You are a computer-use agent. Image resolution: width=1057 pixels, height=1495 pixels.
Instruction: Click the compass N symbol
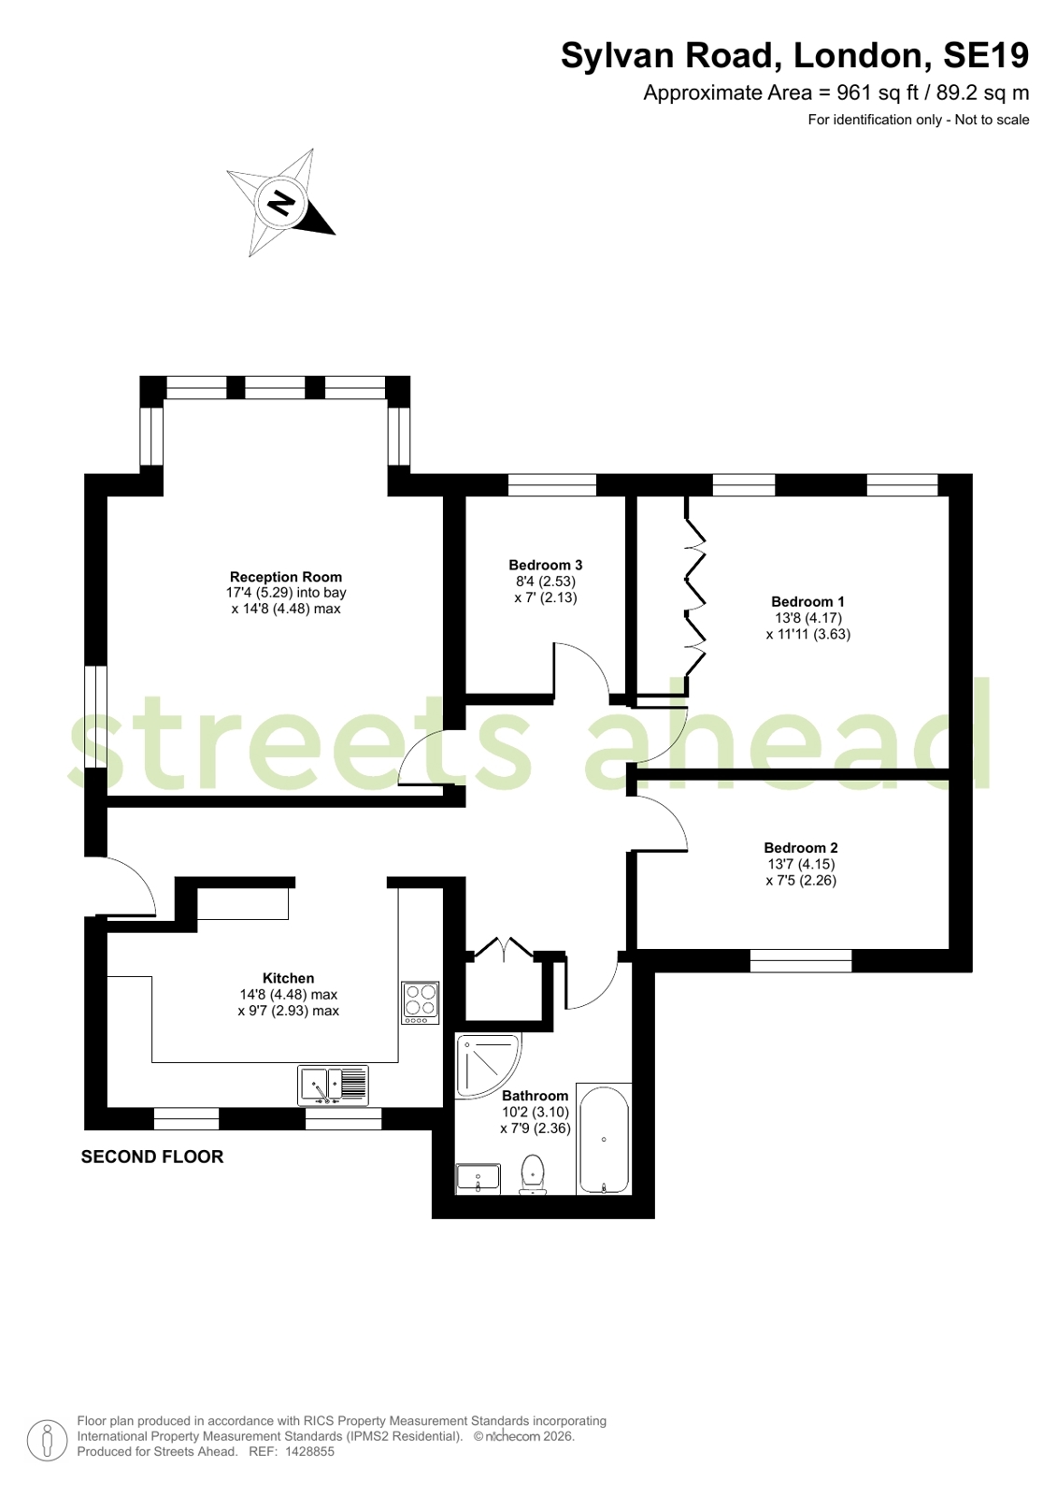pos(281,202)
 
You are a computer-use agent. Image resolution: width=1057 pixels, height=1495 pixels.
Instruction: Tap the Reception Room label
pos(286,577)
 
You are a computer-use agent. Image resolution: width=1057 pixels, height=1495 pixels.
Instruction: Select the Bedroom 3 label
pos(545,565)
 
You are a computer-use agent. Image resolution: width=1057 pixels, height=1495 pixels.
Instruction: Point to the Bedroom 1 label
pos(807,601)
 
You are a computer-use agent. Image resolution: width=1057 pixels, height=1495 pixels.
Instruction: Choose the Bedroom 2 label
pos(801,848)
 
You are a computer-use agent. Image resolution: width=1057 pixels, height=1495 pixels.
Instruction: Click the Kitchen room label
pos(288,978)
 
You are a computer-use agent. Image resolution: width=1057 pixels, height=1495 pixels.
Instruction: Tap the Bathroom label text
pos(536,1095)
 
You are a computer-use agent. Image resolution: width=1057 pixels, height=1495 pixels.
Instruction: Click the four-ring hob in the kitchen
pos(421,1002)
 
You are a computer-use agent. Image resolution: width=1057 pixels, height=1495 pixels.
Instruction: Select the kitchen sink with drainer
pos(333,1085)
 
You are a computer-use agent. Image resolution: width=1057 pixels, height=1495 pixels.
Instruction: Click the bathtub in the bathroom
pos(603,1139)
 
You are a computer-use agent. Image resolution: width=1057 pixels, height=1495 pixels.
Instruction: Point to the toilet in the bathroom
pos(533,1175)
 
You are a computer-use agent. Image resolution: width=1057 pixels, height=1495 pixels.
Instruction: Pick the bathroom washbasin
pos(478,1179)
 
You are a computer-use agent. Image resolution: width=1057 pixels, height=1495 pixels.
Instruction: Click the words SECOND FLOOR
pos(152,1157)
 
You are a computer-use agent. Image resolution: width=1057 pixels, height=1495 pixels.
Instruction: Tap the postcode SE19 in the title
pos(986,55)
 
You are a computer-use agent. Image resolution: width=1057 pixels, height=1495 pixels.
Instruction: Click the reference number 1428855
pos(308,1452)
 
